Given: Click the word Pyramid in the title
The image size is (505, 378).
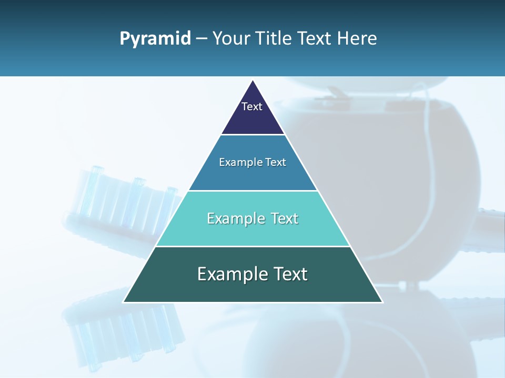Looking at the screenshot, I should pyautogui.click(x=155, y=39).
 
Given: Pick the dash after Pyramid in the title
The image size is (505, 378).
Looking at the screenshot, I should pyautogui.click(x=201, y=39).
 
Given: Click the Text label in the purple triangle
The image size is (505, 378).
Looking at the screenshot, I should pyautogui.click(x=252, y=107).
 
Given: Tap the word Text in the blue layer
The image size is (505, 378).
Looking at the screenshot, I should pyautogui.click(x=276, y=162).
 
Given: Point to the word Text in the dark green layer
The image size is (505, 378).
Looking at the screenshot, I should pyautogui.click(x=289, y=274).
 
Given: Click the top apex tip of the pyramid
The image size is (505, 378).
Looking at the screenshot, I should pyautogui.click(x=253, y=80).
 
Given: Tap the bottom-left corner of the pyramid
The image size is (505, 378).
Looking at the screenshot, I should pyautogui.click(x=124, y=302).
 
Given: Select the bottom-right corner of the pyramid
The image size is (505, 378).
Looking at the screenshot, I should pyautogui.click(x=382, y=302).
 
